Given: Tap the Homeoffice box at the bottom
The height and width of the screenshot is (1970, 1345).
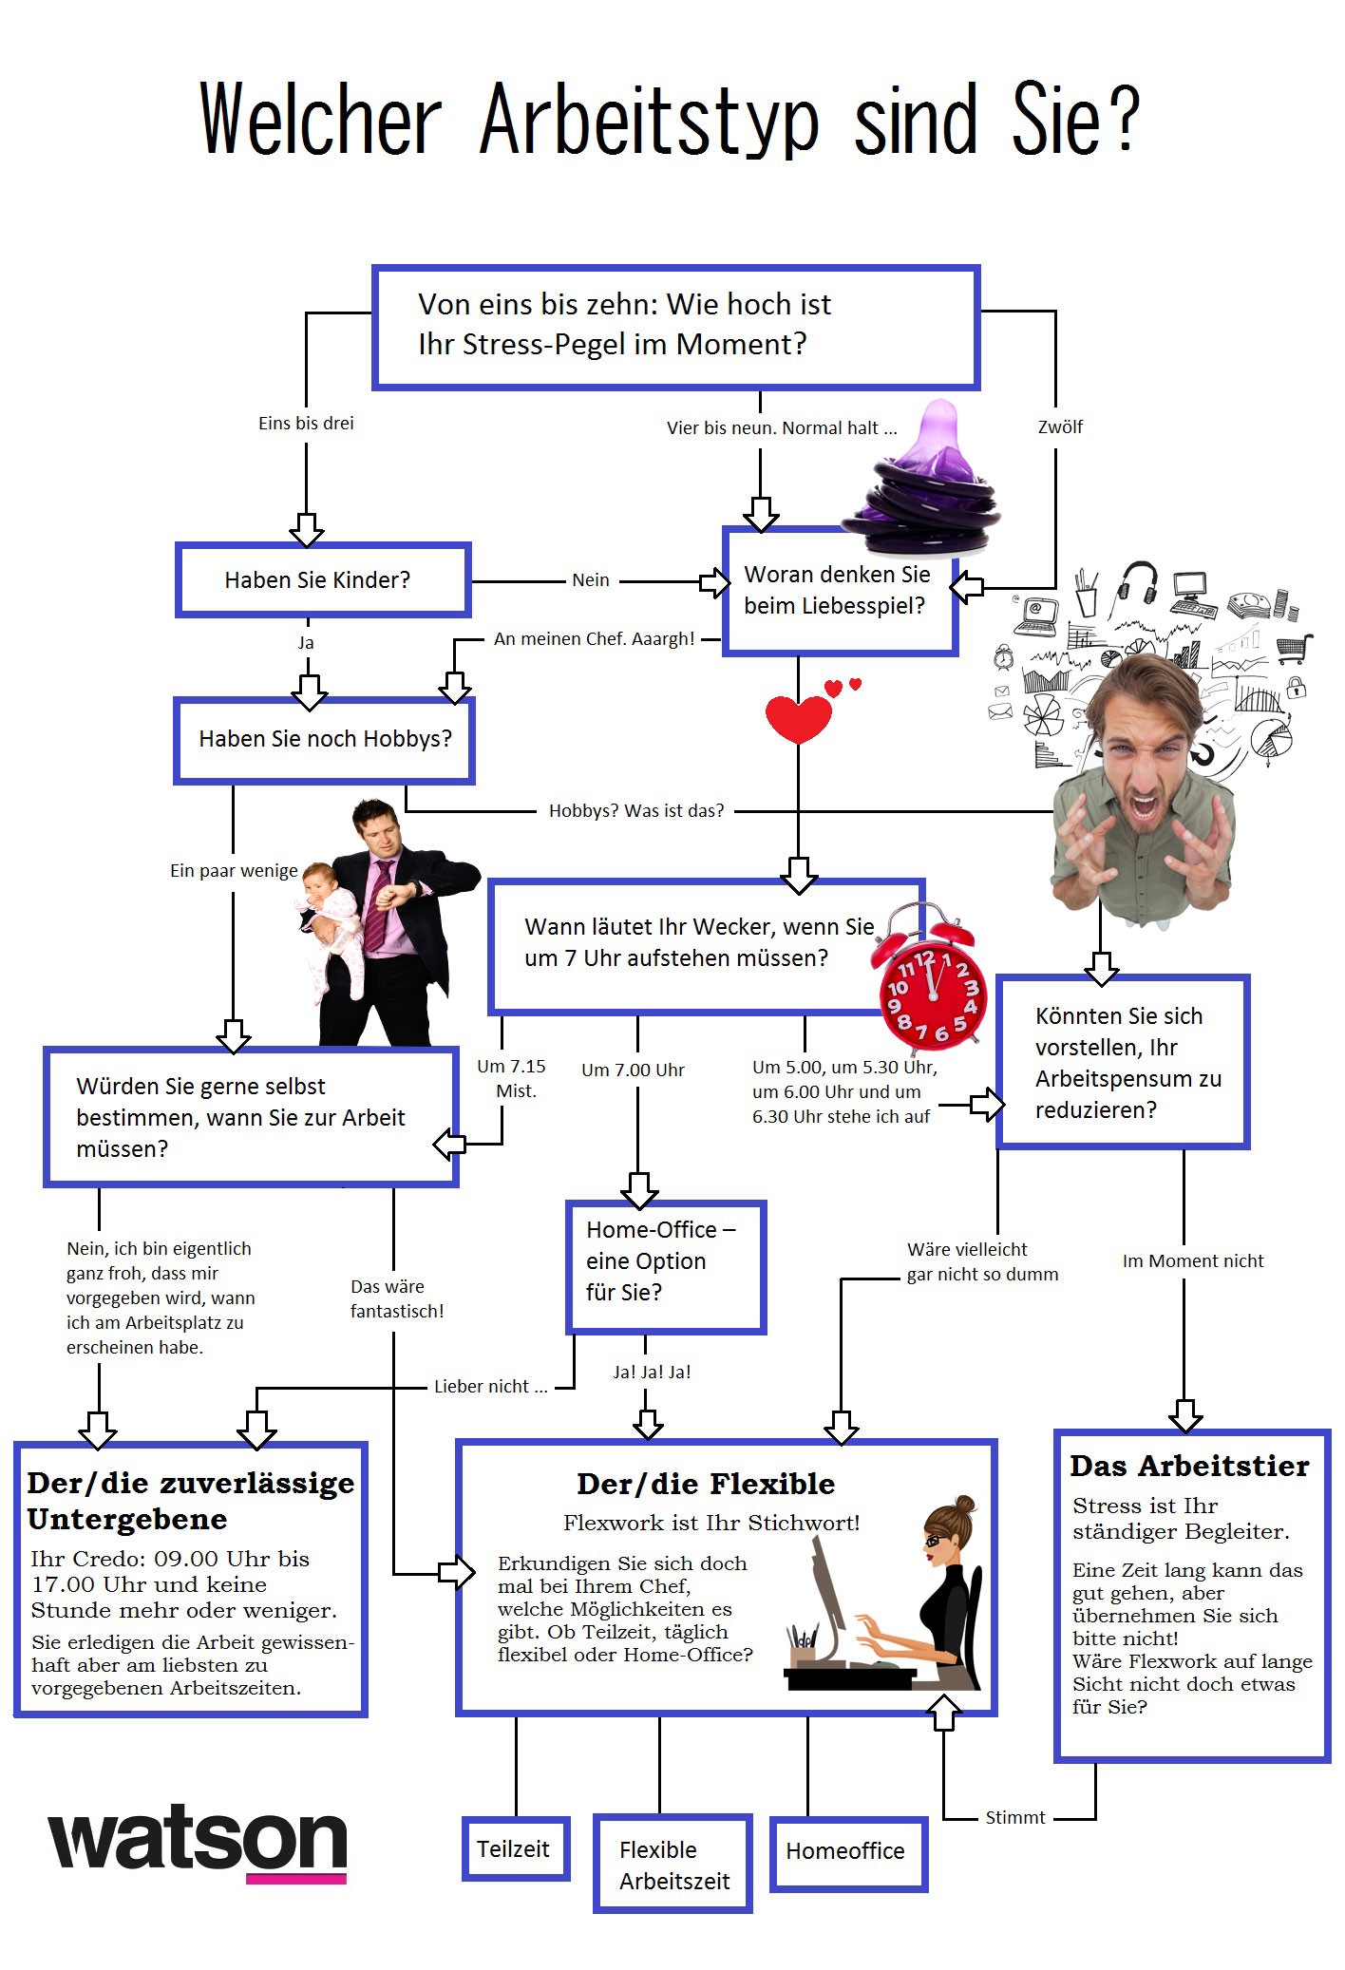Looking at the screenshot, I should [847, 1851].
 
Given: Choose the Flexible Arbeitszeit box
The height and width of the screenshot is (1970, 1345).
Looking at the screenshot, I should [672, 1865].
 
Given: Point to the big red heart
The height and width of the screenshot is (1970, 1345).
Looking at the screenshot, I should [798, 718].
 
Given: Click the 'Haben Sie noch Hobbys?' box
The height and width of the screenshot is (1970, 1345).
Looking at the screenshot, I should [324, 739].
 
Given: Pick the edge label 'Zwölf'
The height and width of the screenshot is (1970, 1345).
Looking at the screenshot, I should [1060, 427].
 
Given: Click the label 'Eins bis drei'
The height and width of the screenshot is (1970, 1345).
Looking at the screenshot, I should [306, 424].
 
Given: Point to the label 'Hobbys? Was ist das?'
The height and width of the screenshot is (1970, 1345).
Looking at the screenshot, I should [636, 811].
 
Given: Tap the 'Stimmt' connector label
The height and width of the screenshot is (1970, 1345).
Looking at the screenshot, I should [1014, 1817].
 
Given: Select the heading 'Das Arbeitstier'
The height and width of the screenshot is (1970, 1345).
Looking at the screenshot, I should [1189, 1467].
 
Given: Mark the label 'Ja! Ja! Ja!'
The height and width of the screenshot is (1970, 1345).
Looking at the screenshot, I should [652, 1372].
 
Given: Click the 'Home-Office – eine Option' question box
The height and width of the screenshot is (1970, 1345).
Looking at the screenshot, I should [666, 1266].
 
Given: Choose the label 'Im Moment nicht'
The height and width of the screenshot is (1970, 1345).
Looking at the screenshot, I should [1193, 1261].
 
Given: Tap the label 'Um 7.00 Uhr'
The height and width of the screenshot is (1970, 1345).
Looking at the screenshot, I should [633, 1070].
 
